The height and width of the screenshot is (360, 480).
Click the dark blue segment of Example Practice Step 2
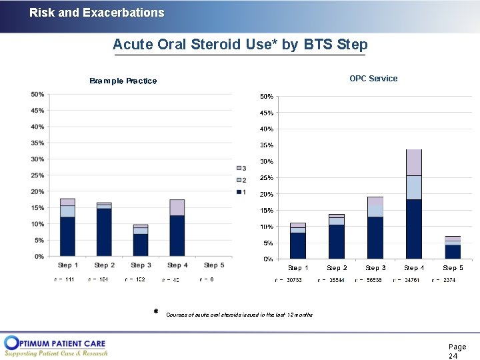[x=104, y=232]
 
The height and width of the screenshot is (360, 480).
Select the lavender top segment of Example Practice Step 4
[x=177, y=207]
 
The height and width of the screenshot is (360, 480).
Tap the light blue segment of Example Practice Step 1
[x=67, y=211]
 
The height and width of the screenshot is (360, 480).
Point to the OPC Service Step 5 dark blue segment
[x=453, y=251]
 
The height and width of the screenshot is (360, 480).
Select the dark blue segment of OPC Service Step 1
[x=298, y=245]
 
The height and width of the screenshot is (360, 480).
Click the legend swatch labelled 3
[x=238, y=168]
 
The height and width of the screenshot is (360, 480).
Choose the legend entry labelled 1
[x=241, y=192]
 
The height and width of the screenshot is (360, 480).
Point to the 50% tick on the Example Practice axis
[x=37, y=95]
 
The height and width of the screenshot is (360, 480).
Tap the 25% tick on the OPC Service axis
[x=266, y=178]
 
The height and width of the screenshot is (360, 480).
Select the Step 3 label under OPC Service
[x=375, y=268]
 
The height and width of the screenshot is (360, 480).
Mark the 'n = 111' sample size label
[x=64, y=279]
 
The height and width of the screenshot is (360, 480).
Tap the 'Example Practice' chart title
[x=123, y=81]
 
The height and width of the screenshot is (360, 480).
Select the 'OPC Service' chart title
[x=373, y=79]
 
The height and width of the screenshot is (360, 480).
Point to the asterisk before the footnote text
[x=155, y=312]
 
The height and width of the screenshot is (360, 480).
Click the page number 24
[x=453, y=356]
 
